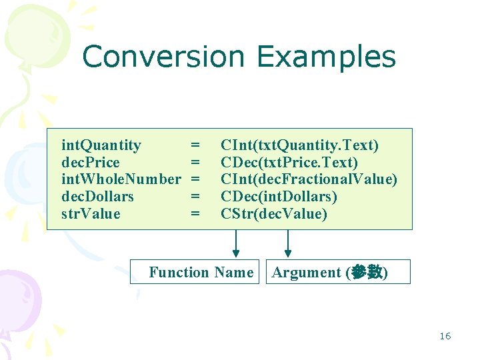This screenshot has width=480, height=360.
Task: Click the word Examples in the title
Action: (326, 58)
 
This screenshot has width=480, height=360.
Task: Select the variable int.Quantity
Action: (101, 145)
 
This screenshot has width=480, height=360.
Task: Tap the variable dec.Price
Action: (91, 163)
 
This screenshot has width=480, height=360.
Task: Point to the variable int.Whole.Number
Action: (121, 179)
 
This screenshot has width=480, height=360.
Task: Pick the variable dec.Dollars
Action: (97, 197)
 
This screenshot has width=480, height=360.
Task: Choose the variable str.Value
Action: (91, 214)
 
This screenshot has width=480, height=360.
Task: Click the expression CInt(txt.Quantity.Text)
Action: (299, 145)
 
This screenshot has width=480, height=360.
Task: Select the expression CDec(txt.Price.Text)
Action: (289, 163)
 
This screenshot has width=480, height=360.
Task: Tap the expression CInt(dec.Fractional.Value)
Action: (309, 179)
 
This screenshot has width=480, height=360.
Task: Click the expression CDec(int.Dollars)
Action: (279, 197)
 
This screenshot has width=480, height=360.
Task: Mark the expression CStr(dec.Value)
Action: (274, 214)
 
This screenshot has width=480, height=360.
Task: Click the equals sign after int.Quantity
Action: (195, 145)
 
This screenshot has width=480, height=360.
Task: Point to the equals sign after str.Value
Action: (195, 214)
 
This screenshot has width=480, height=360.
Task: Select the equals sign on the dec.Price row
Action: (195, 163)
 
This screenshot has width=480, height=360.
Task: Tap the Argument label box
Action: (338, 272)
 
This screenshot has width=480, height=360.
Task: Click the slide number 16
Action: (445, 336)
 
